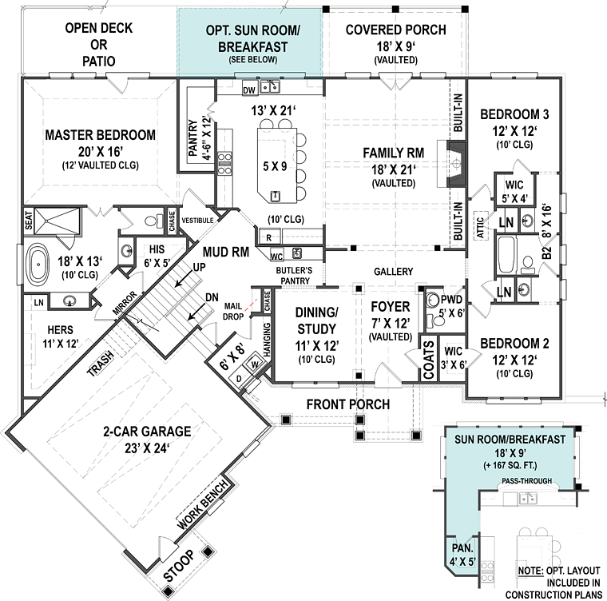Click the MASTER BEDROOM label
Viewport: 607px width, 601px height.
100,135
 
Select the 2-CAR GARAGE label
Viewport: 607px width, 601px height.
145,432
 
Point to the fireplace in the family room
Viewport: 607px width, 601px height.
456,164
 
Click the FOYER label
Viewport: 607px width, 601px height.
390,307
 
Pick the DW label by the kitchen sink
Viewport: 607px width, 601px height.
248,89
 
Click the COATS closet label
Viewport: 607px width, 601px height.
428,361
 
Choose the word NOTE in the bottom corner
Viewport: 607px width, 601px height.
532,569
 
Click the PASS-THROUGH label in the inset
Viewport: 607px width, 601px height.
524,482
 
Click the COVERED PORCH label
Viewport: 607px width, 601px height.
395,30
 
